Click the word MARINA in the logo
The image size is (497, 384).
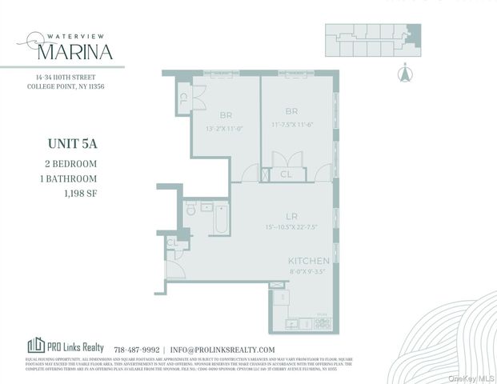(x=74, y=52)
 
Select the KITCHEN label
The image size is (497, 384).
(x=309, y=262)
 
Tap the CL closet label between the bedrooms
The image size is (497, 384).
(x=286, y=174)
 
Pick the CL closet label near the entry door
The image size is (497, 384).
(x=172, y=242)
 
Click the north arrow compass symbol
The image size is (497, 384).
(x=404, y=74)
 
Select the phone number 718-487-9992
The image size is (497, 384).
(x=137, y=350)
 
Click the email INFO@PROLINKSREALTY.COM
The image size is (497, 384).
(x=223, y=350)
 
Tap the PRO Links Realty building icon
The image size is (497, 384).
(x=36, y=346)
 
